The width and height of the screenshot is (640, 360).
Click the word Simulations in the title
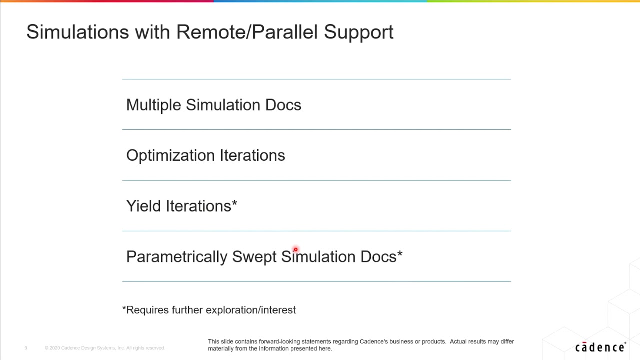[77, 32]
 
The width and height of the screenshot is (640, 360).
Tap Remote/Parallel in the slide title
[247, 32]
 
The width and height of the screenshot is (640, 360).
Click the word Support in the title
[358, 32]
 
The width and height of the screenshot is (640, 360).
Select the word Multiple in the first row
[154, 105]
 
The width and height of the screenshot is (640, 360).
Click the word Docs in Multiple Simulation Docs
[283, 105]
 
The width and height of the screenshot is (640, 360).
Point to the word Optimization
[171, 156]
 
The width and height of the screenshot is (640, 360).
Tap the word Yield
[144, 206]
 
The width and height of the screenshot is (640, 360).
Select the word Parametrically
[177, 257]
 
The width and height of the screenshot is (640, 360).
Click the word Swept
[254, 257]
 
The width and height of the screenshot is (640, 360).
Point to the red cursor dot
[295, 249]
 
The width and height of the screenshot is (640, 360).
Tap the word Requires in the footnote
[148, 310]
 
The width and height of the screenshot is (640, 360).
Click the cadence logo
[600, 347]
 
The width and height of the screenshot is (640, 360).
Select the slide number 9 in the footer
[26, 348]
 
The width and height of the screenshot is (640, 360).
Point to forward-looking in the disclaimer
[279, 342]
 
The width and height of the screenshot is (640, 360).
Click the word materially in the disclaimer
[220, 349]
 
